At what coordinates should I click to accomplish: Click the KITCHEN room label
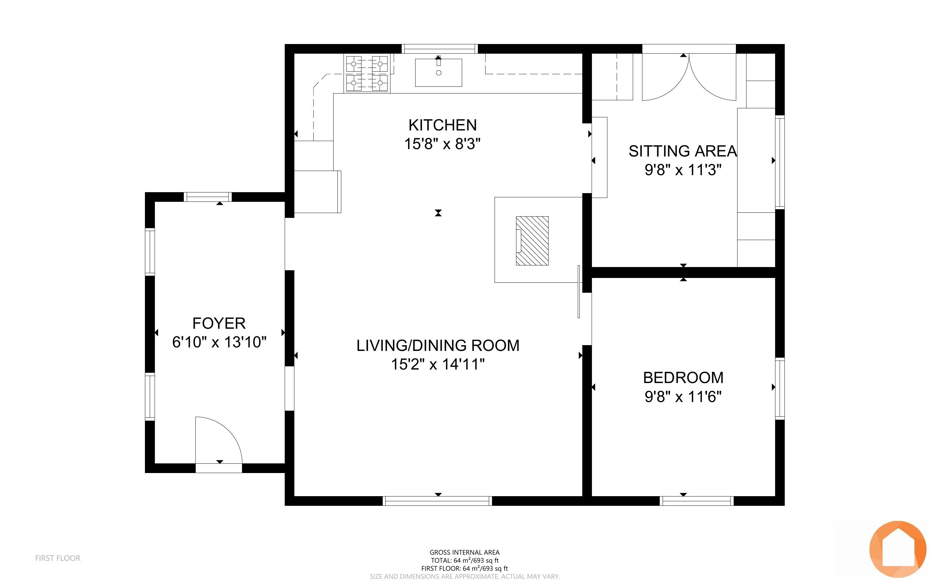[x=443, y=125]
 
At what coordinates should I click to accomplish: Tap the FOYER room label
[x=219, y=323]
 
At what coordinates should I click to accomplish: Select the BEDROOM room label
[x=683, y=378]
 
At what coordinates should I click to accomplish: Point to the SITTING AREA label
[x=683, y=151]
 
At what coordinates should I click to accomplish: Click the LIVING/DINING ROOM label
[x=438, y=345]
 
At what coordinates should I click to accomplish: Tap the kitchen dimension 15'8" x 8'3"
[x=443, y=144]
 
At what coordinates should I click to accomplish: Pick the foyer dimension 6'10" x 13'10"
[x=219, y=342]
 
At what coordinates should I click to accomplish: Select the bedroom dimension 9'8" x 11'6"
[x=683, y=396]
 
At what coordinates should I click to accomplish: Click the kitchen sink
[x=438, y=73]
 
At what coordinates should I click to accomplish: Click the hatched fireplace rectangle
[x=532, y=241]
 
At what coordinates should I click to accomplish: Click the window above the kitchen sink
[x=440, y=49]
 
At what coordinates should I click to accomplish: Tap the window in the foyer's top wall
[x=208, y=197]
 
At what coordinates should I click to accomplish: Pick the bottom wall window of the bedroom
[x=696, y=501]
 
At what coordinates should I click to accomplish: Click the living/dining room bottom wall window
[x=437, y=501]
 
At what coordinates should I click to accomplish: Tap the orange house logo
[x=898, y=549]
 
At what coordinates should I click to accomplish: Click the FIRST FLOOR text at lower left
[x=58, y=558]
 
